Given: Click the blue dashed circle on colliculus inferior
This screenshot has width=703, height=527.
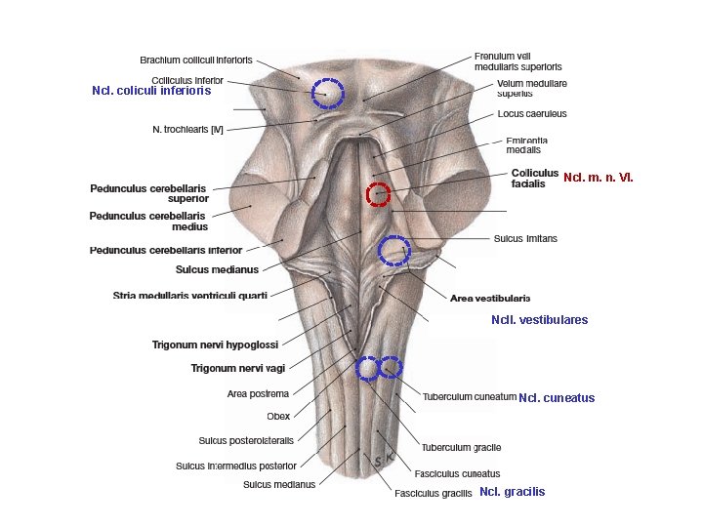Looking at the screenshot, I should [x=327, y=93].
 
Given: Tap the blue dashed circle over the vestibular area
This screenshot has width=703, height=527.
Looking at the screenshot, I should [x=394, y=251].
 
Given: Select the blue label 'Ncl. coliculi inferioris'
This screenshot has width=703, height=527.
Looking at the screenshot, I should [x=151, y=91].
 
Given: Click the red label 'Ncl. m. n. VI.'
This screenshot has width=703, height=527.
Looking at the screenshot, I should [x=599, y=178].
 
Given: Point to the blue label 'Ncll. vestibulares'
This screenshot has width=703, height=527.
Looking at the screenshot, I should [x=540, y=319].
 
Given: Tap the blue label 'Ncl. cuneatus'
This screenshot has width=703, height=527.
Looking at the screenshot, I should [x=557, y=397].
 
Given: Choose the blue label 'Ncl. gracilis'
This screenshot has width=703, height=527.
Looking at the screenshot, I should [x=513, y=492].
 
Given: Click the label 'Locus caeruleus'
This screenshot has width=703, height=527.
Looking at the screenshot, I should [x=532, y=114].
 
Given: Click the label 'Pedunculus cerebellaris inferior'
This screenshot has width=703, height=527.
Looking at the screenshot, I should [x=166, y=250].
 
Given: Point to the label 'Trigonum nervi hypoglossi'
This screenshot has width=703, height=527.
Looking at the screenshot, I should [x=215, y=345].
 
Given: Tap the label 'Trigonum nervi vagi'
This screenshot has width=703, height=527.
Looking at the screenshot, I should [x=237, y=368].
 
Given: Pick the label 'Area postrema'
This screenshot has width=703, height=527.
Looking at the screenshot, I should [x=258, y=394].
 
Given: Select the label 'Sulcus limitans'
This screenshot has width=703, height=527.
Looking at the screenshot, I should [x=525, y=238].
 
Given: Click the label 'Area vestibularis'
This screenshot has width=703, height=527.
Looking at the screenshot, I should [x=490, y=298].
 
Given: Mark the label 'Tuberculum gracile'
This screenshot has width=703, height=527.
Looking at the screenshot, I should [x=462, y=447].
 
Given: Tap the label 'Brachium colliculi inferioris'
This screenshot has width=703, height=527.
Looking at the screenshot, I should [x=196, y=60].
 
